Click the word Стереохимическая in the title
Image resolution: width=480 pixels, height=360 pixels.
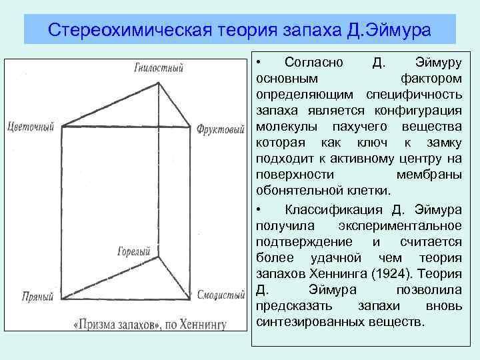(x=130, y=30)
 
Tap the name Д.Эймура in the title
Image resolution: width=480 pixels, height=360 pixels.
(x=389, y=30)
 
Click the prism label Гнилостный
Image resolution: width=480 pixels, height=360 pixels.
(x=159, y=67)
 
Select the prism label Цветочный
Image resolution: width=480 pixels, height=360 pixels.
(x=31, y=127)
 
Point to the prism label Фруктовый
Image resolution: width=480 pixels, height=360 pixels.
(x=221, y=129)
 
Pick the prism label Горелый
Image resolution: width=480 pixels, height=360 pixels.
(x=134, y=251)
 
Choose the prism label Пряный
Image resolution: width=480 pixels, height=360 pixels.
(x=37, y=296)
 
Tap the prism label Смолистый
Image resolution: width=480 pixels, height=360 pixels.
(x=221, y=295)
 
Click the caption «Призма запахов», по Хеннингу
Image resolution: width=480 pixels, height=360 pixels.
(x=150, y=324)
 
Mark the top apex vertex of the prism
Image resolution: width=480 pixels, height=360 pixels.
(x=158, y=83)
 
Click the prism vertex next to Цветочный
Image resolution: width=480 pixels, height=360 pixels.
(x=62, y=126)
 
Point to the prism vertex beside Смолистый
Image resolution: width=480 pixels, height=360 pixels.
(x=190, y=299)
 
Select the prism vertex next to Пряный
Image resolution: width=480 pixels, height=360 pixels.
(x=62, y=299)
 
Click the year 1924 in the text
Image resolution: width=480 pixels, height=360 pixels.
(x=390, y=274)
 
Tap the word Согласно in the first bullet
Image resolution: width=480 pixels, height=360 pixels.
(x=314, y=63)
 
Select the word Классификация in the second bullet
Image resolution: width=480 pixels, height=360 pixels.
(x=334, y=210)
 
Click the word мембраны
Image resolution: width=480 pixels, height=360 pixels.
(x=429, y=175)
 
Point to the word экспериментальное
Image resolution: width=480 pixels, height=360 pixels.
(x=400, y=226)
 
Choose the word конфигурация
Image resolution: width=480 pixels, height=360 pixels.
(x=418, y=111)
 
